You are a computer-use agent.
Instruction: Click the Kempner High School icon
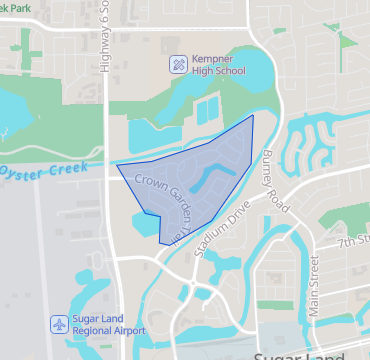[178, 65]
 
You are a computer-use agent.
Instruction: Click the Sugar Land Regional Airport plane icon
[59, 324]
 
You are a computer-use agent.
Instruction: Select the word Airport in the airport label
[125, 331]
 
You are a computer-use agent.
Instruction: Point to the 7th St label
[352, 241]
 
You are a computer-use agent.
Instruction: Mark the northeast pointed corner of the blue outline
[252, 116]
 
